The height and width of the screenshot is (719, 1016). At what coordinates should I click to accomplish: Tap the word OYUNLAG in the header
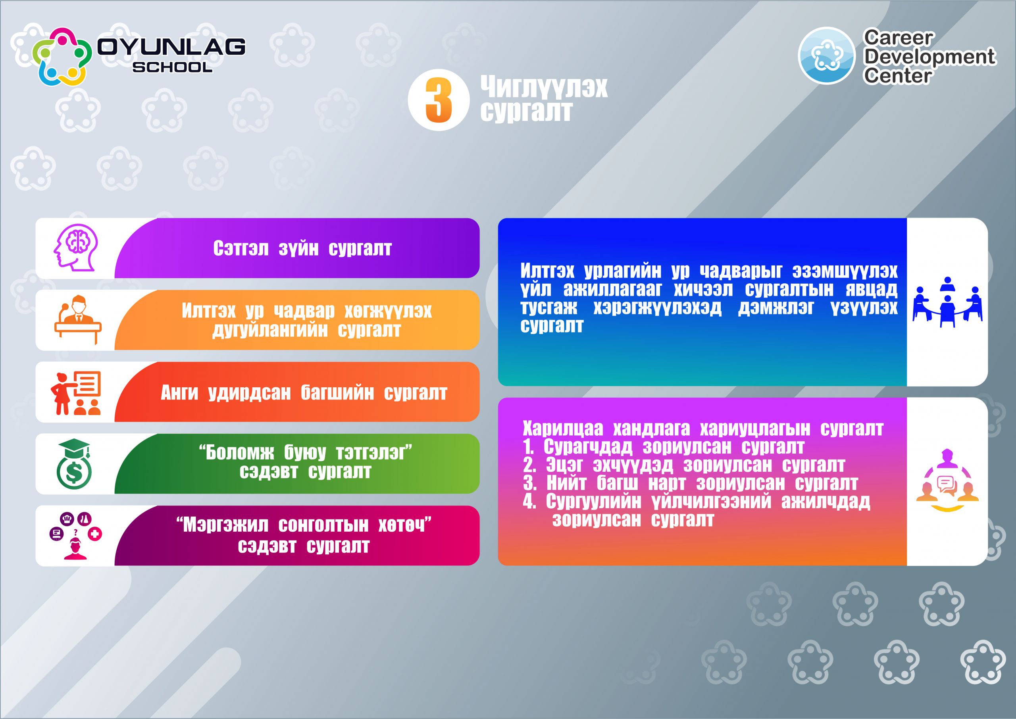tap(171, 46)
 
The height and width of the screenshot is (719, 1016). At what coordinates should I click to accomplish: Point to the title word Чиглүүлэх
tap(544, 87)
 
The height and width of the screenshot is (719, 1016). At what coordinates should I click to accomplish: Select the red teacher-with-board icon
tap(76, 393)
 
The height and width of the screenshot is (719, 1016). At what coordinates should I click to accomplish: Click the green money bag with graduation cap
tap(74, 463)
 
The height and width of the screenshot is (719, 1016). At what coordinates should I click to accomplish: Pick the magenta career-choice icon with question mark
tap(75, 536)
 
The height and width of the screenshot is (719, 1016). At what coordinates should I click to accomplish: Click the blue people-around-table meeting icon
tap(947, 302)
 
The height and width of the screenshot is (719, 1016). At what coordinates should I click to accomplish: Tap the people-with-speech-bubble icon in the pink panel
tap(947, 481)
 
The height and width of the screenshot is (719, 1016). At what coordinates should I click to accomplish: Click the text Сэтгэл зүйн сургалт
tap(302, 248)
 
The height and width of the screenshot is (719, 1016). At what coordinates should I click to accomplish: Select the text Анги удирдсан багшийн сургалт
tap(304, 393)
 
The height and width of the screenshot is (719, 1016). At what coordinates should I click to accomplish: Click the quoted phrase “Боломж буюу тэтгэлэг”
tap(306, 452)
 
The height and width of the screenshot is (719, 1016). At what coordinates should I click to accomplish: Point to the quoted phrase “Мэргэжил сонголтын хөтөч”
tap(304, 525)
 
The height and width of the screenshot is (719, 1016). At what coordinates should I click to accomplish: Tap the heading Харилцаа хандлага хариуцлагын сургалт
tap(703, 429)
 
